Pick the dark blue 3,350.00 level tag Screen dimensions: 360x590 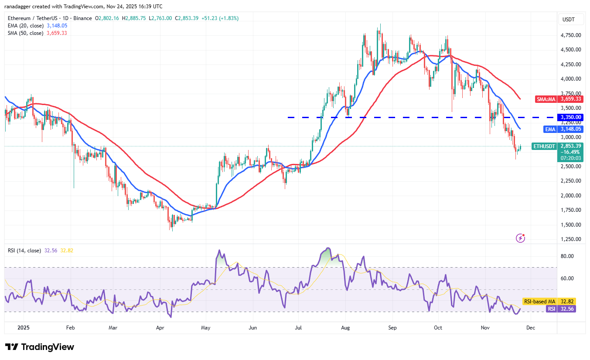(570, 117)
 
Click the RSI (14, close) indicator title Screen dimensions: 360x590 (25, 251)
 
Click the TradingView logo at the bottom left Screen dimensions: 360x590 (40, 347)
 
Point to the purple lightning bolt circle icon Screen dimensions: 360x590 (520, 238)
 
